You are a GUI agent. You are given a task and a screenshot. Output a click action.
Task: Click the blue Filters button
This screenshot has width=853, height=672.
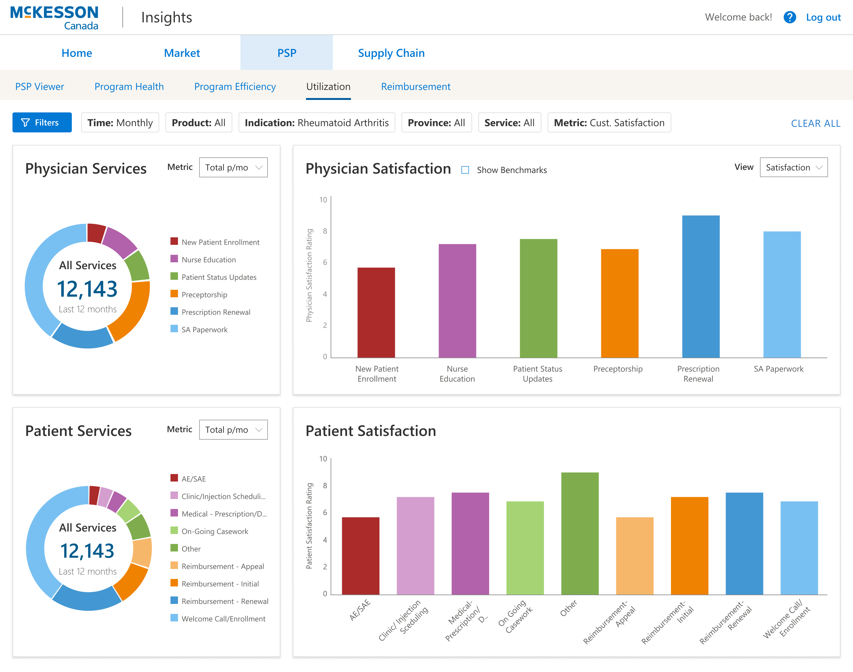click(42, 122)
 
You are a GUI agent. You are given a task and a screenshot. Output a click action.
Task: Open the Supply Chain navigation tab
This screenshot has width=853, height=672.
click(391, 53)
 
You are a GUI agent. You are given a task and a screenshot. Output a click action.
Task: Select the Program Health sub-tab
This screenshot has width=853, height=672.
click(129, 86)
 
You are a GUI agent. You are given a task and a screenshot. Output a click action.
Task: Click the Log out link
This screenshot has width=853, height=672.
click(823, 17)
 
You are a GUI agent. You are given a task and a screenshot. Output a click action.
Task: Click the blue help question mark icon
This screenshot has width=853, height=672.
click(789, 17)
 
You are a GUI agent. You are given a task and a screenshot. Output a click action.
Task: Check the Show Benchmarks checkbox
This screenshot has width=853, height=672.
click(465, 170)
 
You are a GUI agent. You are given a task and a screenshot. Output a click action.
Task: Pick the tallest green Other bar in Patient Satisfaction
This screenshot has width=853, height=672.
click(579, 533)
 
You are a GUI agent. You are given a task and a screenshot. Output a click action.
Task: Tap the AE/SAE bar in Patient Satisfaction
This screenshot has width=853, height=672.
click(360, 556)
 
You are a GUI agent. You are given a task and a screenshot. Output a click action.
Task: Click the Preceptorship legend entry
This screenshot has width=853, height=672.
click(204, 295)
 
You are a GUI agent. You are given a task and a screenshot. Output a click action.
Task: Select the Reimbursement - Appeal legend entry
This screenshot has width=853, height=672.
click(222, 566)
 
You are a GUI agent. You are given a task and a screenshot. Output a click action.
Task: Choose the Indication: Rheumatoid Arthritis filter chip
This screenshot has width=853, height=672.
click(316, 123)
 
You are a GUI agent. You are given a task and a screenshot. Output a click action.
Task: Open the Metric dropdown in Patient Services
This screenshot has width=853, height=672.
click(233, 430)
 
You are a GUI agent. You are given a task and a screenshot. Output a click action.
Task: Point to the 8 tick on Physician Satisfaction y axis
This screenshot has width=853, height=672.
click(325, 231)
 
